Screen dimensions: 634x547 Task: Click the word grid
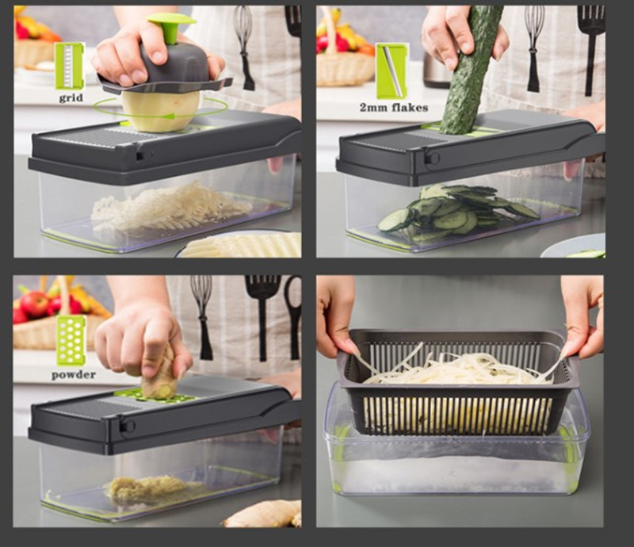coord(71,98)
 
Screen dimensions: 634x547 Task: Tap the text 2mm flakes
coord(394,108)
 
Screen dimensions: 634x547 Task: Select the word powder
coord(74,375)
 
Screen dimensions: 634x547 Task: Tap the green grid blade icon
coord(70,65)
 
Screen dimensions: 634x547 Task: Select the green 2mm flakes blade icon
coord(391,71)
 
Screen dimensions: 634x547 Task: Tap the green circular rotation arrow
coord(160,109)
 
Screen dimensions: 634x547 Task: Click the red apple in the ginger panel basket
coord(33,304)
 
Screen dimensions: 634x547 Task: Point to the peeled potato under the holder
coord(161,109)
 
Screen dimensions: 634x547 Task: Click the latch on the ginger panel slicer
coord(128,426)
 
